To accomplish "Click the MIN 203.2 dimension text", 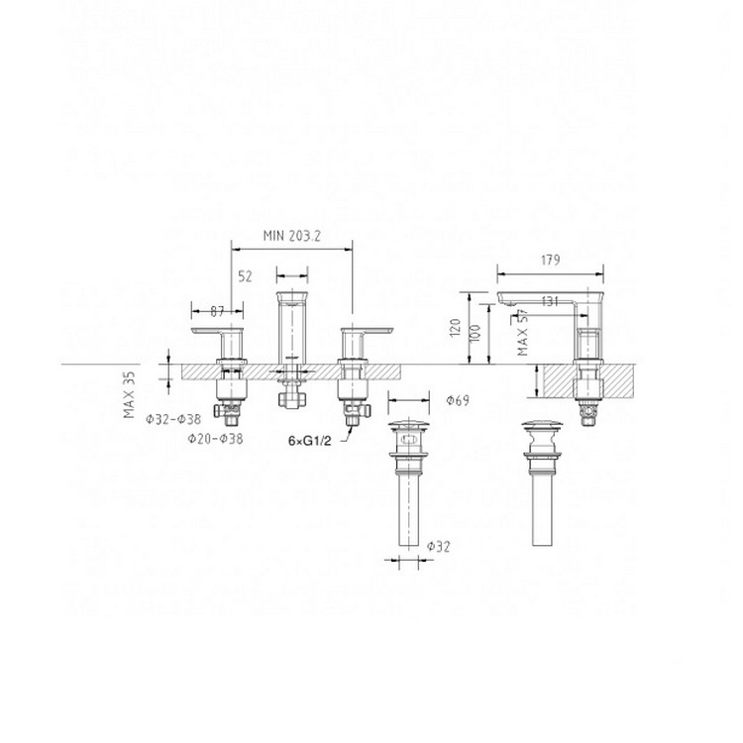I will [294, 235].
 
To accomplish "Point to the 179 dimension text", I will [552, 261].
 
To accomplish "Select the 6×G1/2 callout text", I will [307, 438].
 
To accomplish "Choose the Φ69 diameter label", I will [458, 400].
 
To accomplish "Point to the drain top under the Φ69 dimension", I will [407, 432].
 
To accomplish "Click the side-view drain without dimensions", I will [540, 476].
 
